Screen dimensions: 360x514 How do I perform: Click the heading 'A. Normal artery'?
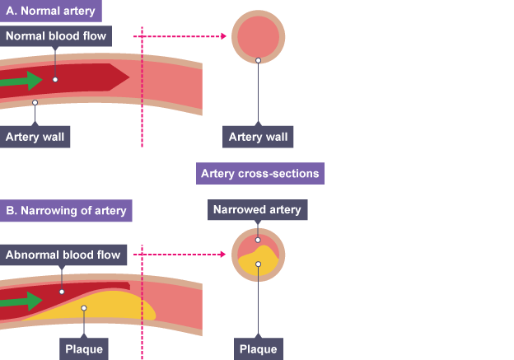[x=50, y=12]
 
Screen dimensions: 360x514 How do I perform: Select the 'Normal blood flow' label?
[x=55, y=36]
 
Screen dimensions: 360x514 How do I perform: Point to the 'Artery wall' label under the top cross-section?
[x=259, y=137]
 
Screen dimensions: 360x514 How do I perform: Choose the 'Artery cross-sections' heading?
[x=259, y=174]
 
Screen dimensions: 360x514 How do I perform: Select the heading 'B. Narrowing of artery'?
[x=66, y=210]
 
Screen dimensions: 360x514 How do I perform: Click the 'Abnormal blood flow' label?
[x=63, y=255]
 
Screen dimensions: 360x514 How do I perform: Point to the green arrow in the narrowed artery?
[x=21, y=302]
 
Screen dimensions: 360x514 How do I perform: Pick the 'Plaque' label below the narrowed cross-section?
[x=259, y=349]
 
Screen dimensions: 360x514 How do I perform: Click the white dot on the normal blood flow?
[x=55, y=80]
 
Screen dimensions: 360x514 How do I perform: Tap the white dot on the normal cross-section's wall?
[x=259, y=61]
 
